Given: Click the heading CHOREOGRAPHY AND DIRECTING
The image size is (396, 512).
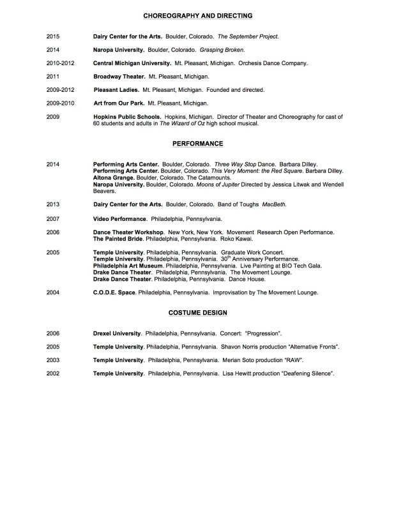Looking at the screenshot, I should tap(197, 15).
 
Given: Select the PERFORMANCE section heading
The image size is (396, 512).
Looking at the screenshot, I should tap(197, 144).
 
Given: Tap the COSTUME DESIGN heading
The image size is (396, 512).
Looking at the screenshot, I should tap(197, 313).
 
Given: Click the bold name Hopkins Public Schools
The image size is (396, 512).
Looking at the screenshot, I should tap(126, 116).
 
